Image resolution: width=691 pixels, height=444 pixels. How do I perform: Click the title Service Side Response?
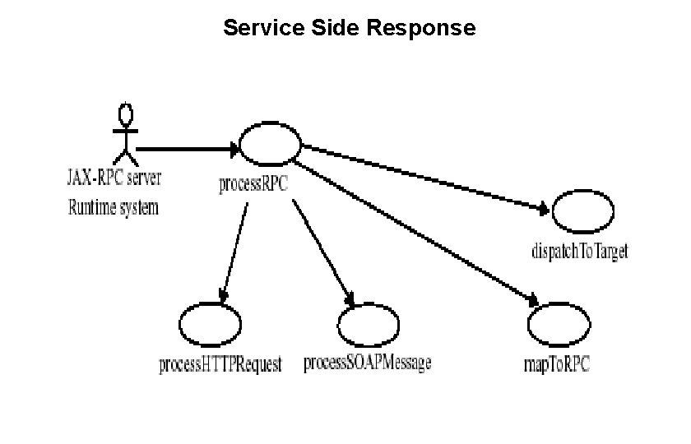click(349, 28)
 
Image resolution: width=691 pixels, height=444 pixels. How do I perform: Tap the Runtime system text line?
click(113, 207)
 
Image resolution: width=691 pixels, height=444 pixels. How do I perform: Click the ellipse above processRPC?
click(271, 146)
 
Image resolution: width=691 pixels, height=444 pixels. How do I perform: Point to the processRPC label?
click(253, 183)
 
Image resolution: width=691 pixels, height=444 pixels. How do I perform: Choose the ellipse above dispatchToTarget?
click(583, 213)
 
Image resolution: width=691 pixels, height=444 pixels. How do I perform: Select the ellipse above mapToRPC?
click(559, 325)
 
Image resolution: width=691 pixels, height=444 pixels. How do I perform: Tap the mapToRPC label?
click(557, 363)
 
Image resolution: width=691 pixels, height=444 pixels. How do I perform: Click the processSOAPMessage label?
click(368, 363)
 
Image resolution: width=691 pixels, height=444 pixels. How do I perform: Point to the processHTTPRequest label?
click(220, 364)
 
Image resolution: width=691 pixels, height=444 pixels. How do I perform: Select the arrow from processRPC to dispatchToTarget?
click(424, 178)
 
